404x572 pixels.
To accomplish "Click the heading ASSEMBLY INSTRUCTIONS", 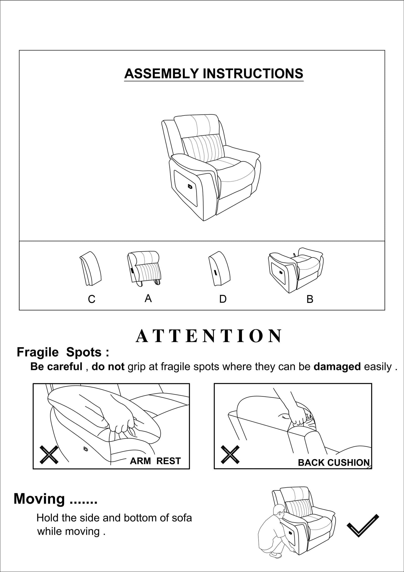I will click(214, 74).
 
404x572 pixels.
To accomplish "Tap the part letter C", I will click(91, 299).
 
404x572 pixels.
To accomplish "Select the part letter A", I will click(148, 298).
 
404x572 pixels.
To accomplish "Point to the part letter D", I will click(223, 299).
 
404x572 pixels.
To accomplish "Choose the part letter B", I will click(310, 299).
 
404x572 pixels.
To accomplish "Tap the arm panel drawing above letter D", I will click(219, 269).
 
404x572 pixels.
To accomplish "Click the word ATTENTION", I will click(209, 336).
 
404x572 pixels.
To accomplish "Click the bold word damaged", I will click(337, 367).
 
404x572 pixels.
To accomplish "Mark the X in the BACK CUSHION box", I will click(230, 455).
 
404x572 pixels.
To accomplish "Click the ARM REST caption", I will click(155, 461).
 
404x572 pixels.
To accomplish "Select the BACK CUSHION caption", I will click(334, 463).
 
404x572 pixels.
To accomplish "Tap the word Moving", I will click(39, 499).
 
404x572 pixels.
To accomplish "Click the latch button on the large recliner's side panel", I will click(190, 186).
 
